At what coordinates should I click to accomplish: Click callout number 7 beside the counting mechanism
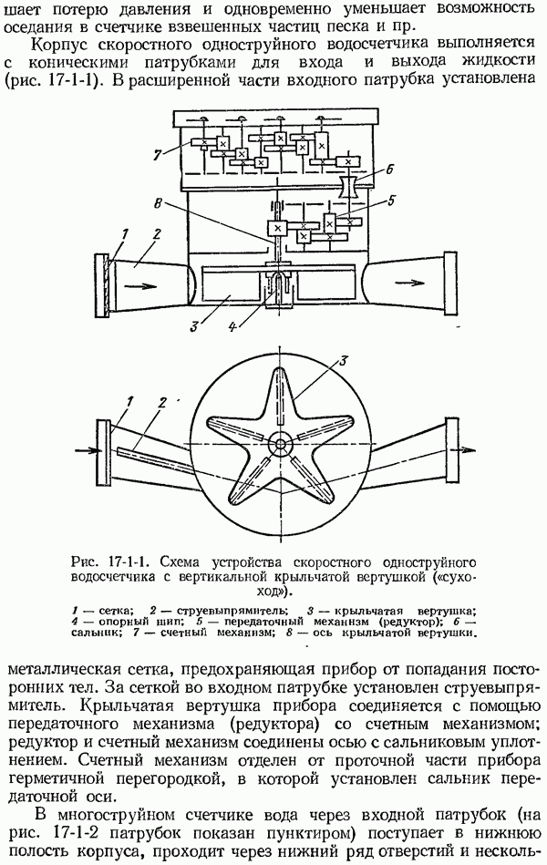[x=158, y=155]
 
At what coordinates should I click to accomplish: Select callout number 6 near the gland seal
[x=389, y=170]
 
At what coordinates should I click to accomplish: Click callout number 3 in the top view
[x=342, y=361]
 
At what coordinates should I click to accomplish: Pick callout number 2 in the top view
[x=161, y=403]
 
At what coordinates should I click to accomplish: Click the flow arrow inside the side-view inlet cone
[x=140, y=286]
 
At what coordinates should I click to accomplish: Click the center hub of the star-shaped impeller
[x=281, y=444]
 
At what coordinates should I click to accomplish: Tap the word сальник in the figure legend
[x=94, y=633]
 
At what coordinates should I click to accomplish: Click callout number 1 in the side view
[x=124, y=235]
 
